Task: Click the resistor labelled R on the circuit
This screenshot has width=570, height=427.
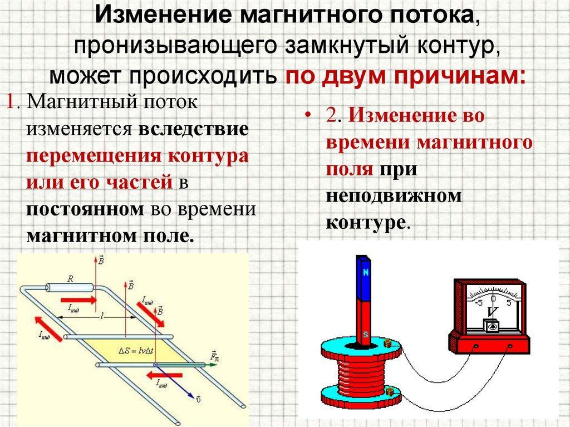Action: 69,288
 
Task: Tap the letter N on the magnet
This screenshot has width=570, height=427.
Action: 366,273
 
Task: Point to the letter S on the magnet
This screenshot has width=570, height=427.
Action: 365,334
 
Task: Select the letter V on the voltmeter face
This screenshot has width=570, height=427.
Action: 491,312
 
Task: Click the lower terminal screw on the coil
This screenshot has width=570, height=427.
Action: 389,394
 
